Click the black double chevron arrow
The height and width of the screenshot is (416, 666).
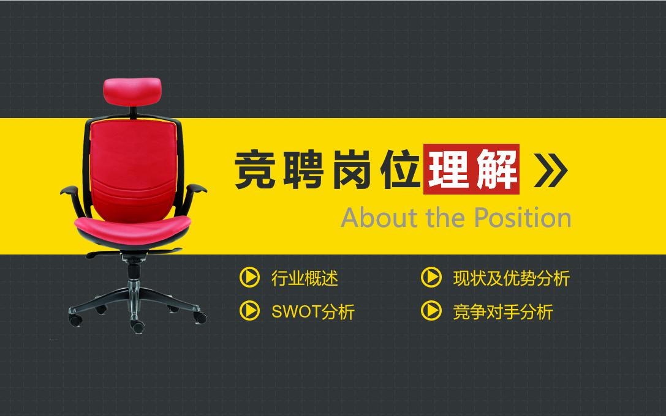click(x=551, y=169)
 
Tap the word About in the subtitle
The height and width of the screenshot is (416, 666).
click(x=374, y=218)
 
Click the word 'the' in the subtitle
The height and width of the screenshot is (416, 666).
click(x=429, y=218)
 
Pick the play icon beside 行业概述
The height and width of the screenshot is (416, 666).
click(x=249, y=278)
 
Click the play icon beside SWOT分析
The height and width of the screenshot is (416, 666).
click(x=249, y=311)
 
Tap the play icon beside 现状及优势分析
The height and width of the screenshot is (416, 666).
click(x=431, y=278)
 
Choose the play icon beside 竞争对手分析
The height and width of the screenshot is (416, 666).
click(x=431, y=311)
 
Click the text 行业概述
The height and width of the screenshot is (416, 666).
click(x=305, y=279)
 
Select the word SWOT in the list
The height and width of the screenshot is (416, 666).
click(x=296, y=312)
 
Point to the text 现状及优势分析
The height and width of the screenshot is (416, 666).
click(x=511, y=279)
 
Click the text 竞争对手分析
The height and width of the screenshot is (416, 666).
click(x=502, y=312)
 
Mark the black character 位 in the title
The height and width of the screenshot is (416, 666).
click(x=398, y=169)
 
